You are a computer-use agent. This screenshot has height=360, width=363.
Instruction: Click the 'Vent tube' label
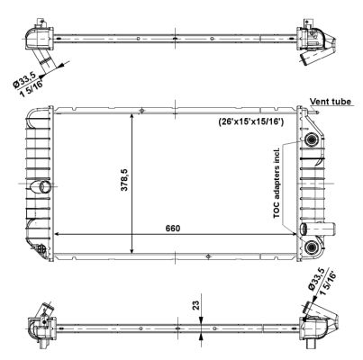tap(330, 103)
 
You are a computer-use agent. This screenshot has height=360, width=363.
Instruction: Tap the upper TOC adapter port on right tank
tap(312, 141)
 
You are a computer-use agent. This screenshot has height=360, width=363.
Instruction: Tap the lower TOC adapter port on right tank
tap(312, 247)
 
